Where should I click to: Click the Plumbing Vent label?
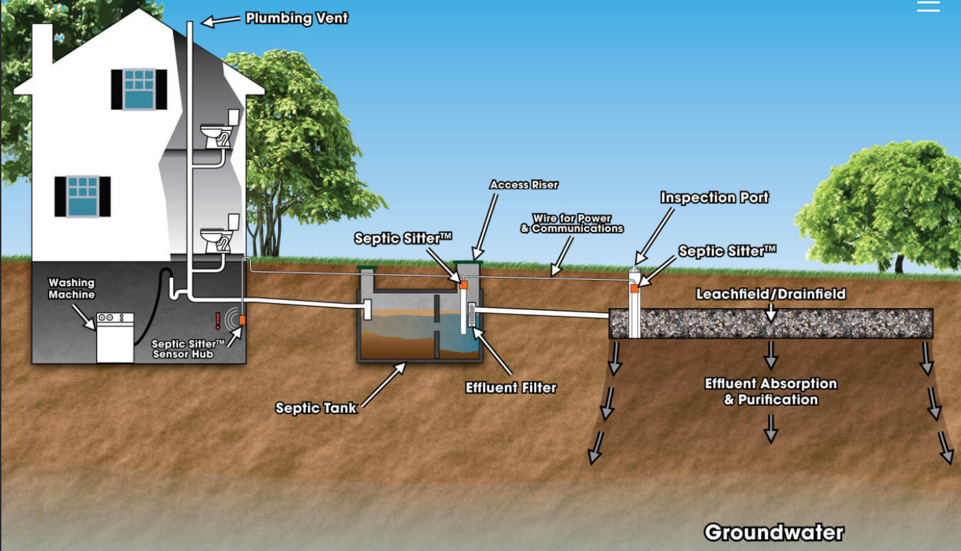[296, 18]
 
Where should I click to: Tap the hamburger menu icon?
[928, 7]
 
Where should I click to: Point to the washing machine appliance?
[115, 337]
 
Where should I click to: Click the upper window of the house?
[139, 89]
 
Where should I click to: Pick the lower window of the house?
[83, 196]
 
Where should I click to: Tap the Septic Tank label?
[315, 408]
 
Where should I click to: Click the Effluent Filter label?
[511, 387]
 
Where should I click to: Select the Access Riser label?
[524, 185]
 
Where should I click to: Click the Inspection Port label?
[714, 198]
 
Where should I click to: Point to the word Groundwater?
[774, 532]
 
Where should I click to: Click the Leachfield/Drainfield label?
[771, 294]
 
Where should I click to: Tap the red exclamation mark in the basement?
[218, 320]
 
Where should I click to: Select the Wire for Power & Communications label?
[572, 223]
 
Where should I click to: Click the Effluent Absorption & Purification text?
[771, 392]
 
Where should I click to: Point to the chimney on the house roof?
[42, 45]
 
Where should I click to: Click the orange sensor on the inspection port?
[635, 288]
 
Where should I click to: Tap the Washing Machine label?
[71, 288]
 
